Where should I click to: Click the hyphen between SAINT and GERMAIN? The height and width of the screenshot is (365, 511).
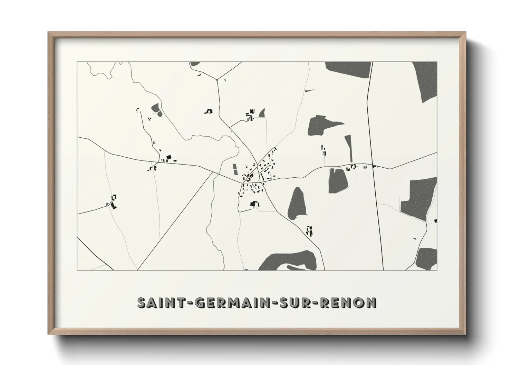coord(189,303)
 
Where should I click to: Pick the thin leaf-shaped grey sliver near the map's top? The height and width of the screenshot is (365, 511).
coord(309,91)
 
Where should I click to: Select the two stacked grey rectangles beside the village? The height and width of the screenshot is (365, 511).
coord(235,169)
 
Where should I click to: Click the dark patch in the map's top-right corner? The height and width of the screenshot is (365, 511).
coord(425,81)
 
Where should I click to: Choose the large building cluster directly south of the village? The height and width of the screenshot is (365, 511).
coord(254,204)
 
